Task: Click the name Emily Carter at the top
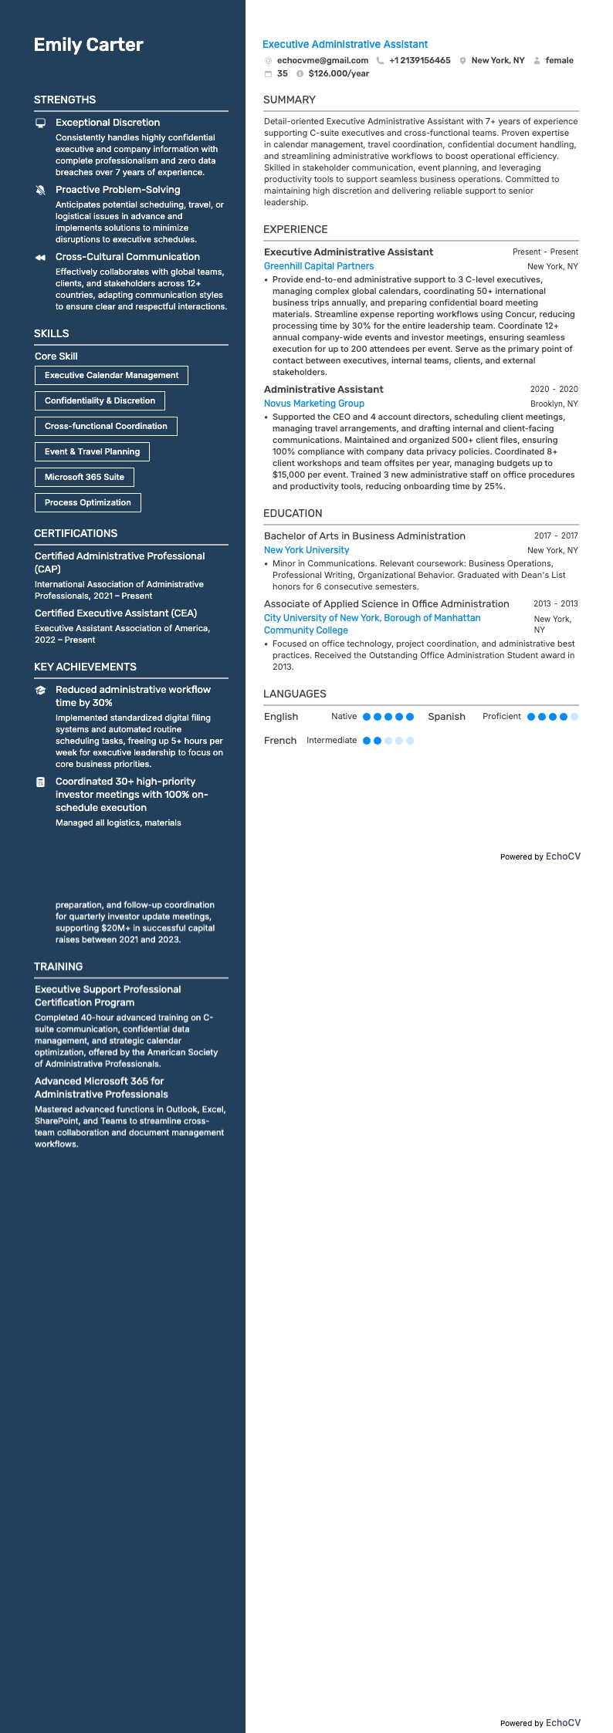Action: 88,45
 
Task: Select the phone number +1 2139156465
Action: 419,60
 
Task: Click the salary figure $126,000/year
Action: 338,74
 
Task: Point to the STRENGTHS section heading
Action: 65,100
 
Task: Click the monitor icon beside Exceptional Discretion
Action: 41,123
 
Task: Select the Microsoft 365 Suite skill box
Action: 84,477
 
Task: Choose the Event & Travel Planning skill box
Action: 92,451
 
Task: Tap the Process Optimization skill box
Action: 87,502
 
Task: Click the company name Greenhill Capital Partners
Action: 319,266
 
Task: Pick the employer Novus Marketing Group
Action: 314,404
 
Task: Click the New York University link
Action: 306,550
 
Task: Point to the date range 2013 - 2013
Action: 555,604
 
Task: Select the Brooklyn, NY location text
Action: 554,404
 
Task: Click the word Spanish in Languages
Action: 446,717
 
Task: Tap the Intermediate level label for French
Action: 331,741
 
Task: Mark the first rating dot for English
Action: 367,717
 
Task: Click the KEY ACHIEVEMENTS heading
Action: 85,667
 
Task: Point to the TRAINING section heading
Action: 58,967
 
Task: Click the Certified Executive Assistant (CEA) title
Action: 116,613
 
